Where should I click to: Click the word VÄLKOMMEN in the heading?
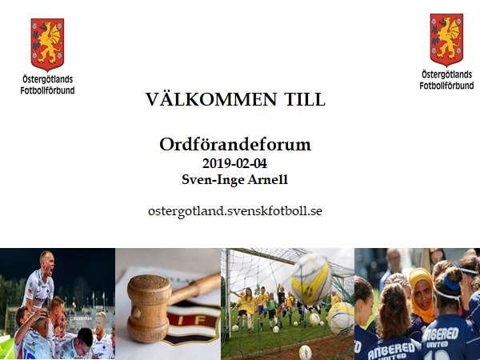click(x=211, y=99)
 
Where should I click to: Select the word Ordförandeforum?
click(x=235, y=144)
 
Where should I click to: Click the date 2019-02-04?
click(x=234, y=163)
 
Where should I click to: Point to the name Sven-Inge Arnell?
click(x=234, y=179)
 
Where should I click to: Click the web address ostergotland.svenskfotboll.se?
click(x=235, y=211)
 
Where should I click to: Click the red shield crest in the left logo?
click(x=47, y=44)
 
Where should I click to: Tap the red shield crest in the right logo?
click(x=446, y=39)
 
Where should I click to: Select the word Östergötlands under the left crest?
click(x=48, y=79)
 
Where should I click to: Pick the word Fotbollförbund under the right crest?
click(x=446, y=86)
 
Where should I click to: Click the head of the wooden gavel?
click(x=149, y=308)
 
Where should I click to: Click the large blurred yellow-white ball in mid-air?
click(x=311, y=280)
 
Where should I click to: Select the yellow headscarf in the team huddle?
click(x=422, y=294)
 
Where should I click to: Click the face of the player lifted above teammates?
click(x=48, y=262)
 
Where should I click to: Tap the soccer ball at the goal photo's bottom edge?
click(x=306, y=352)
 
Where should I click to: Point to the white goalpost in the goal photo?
click(x=228, y=291)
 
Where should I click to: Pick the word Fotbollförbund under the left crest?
click(x=47, y=90)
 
